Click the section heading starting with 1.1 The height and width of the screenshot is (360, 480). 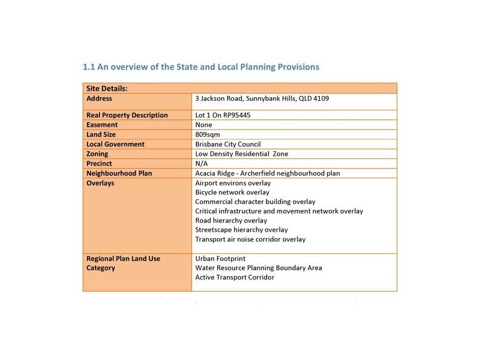click(201, 67)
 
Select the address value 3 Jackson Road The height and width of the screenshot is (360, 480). click(262, 98)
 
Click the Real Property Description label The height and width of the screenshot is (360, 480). click(127, 115)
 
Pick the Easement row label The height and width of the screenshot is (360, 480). click(104, 125)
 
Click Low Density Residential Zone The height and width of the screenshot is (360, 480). click(242, 154)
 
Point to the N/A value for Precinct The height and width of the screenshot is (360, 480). click(202, 163)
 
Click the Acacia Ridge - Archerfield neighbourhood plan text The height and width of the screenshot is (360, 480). click(268, 173)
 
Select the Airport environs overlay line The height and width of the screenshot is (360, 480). click(233, 183)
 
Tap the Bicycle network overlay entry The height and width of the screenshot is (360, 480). click(232, 193)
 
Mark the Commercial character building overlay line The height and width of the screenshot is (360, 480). click(255, 202)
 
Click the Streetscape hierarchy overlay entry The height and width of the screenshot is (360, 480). click(242, 230)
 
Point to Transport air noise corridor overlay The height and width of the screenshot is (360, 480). click(250, 239)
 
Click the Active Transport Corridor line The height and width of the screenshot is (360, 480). click(235, 277)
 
